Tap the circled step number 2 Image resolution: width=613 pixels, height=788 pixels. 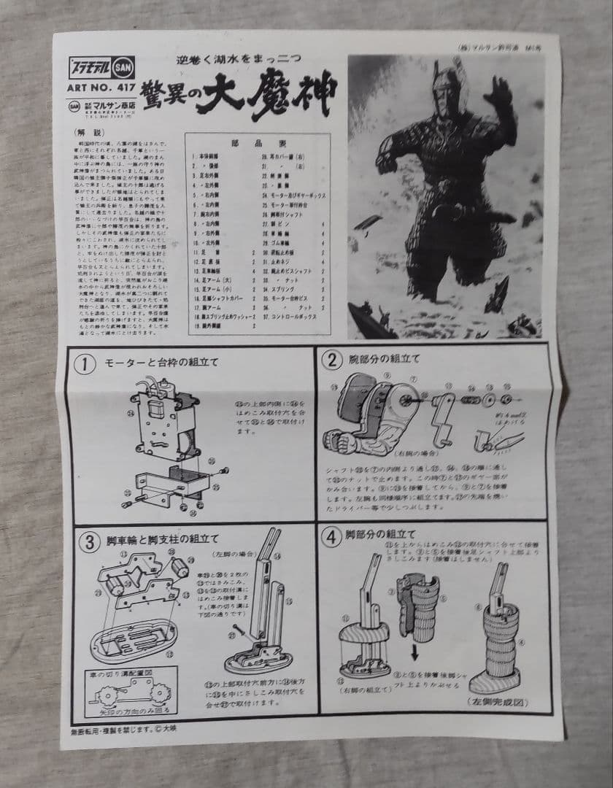tap(333, 360)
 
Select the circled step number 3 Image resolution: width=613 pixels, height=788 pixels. tap(89, 541)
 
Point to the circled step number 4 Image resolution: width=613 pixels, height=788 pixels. tap(332, 538)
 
